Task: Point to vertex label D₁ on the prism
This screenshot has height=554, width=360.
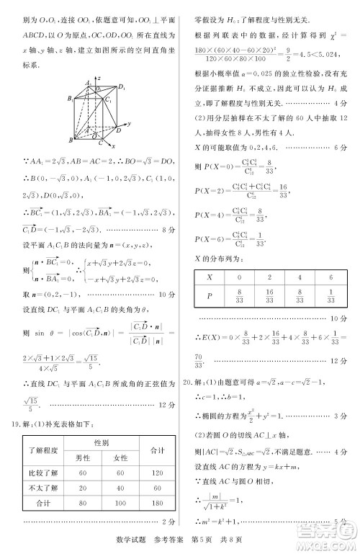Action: point(121,87)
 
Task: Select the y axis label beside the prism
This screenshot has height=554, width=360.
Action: point(128,124)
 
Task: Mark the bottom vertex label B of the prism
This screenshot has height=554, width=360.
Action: point(70,140)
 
